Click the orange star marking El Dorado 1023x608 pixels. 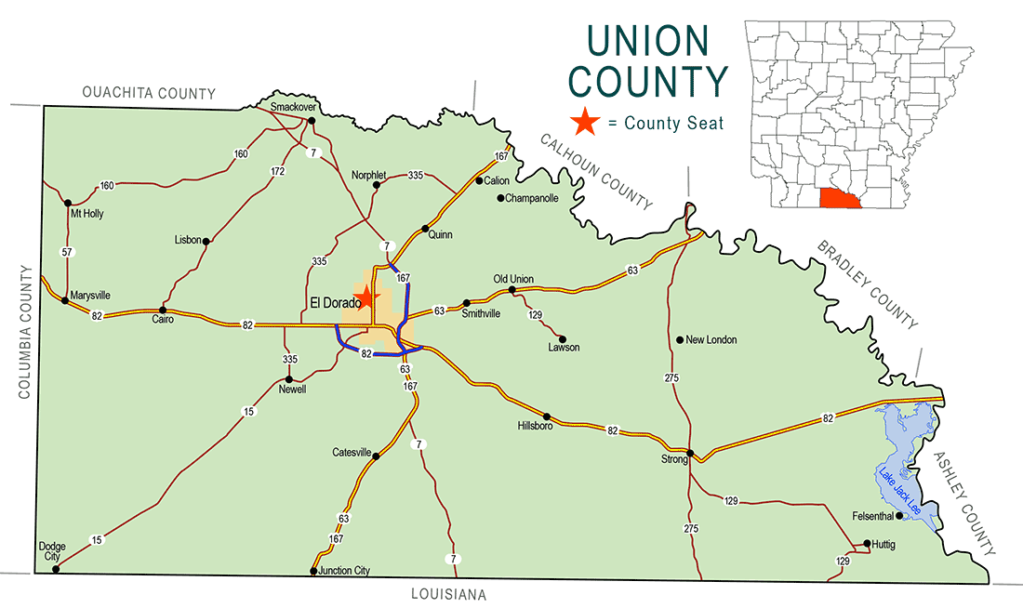point(367,297)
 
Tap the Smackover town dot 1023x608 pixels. point(312,121)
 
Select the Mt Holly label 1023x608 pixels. point(87,214)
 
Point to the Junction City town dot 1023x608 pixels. point(313,571)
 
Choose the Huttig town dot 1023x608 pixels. point(867,544)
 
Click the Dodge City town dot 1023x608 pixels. point(57,568)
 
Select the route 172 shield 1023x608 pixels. point(277,172)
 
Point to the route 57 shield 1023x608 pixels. point(67,252)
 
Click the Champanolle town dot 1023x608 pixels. point(500,198)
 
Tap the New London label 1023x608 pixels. point(711,340)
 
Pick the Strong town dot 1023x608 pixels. point(690,454)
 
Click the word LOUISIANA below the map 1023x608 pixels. point(448,595)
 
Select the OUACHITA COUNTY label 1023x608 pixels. point(149,93)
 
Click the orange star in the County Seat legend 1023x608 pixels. point(585,122)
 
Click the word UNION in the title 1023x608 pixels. point(647,40)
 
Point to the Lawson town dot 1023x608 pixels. point(562,338)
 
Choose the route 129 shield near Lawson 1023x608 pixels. point(535,316)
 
